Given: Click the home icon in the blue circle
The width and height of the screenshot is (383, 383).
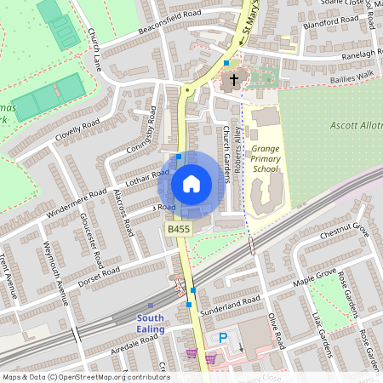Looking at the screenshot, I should click(x=191, y=183).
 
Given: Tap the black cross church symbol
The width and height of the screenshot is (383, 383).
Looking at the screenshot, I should click(x=232, y=80).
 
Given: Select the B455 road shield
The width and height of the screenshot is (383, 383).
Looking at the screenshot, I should click(x=178, y=230).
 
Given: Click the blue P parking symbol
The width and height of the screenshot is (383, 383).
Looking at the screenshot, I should click(x=224, y=338).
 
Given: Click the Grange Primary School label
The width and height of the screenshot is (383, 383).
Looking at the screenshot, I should click(x=265, y=158).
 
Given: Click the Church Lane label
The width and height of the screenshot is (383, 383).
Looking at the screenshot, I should click(x=94, y=51).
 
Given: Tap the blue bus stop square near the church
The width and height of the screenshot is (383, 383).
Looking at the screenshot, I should click(x=226, y=63).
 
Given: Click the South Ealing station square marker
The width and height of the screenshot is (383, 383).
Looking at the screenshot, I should click(x=151, y=306).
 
